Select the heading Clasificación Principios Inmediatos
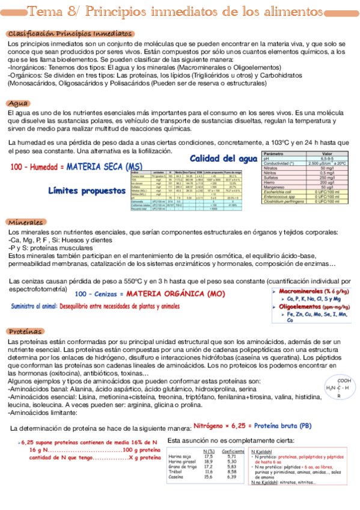(70, 34)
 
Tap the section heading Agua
(20, 103)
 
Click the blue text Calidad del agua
(222, 159)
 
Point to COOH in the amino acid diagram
(344, 380)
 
